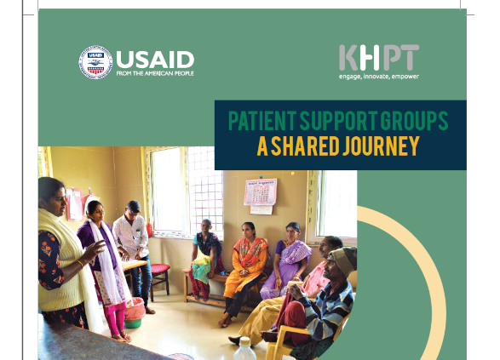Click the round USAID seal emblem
point(95,62)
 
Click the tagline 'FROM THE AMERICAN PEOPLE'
point(155,73)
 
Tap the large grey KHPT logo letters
point(379,58)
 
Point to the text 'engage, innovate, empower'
point(379,77)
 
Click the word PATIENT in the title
point(262,120)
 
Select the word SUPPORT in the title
point(338,120)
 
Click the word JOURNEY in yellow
point(381,146)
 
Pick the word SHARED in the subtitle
point(305,146)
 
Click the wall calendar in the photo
point(260,191)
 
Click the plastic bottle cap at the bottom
point(245,342)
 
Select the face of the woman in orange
point(248,231)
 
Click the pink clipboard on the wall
point(74,204)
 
